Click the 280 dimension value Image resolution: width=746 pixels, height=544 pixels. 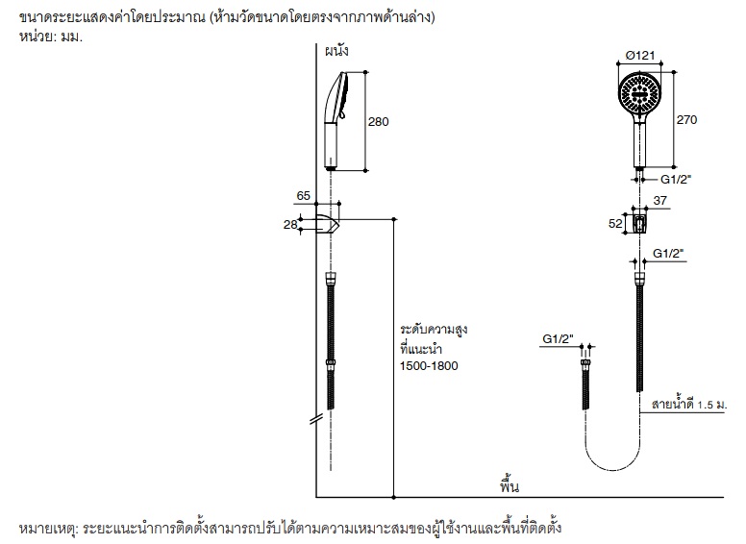381,122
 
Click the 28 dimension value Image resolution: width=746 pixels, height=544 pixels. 291,224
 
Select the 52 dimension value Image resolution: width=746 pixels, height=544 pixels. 616,224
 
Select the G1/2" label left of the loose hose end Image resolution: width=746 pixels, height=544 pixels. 557,338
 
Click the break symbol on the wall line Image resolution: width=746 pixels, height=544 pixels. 314,418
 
